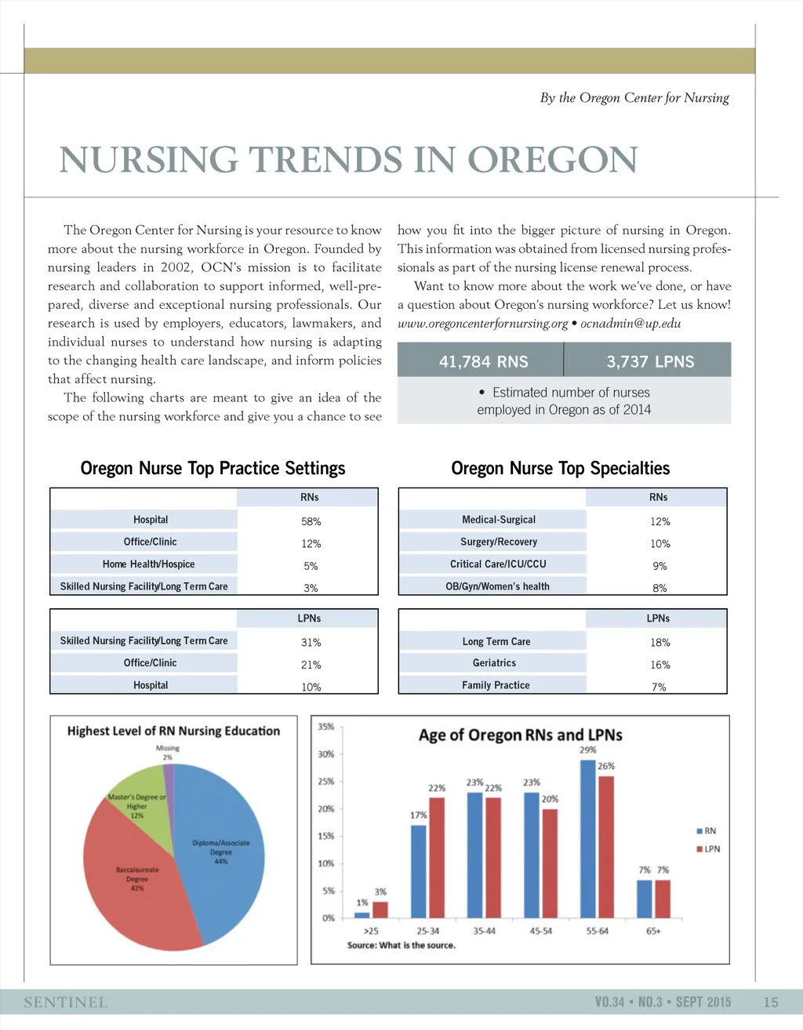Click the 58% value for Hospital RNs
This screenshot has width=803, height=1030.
tap(311, 521)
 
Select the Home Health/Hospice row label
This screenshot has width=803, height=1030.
tap(148, 564)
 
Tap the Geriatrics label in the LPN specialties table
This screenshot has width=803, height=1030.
tap(494, 663)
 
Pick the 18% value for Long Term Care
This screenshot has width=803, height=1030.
tap(659, 643)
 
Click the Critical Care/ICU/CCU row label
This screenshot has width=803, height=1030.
tap(498, 564)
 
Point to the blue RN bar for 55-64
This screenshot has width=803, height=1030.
tap(587, 839)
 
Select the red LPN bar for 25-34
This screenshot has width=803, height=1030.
tap(437, 858)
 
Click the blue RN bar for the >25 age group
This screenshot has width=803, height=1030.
tap(362, 915)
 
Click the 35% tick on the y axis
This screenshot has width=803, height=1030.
tap(326, 727)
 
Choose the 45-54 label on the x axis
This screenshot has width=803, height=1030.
tap(541, 931)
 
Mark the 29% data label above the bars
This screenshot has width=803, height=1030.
tap(588, 750)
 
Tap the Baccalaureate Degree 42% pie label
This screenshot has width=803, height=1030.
tap(137, 879)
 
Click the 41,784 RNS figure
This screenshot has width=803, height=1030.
tap(483, 361)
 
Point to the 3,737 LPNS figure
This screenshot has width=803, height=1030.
tap(650, 361)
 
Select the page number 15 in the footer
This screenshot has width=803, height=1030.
tap(771, 1002)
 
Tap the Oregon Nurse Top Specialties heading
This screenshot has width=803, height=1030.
tap(560, 469)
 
